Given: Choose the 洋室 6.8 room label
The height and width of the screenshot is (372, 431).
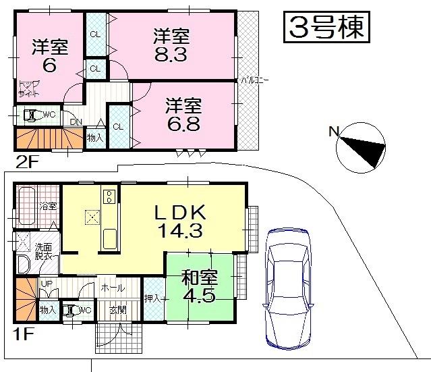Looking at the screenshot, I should [x=184, y=115].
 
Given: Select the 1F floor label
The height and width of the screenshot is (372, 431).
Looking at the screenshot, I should [x=23, y=332].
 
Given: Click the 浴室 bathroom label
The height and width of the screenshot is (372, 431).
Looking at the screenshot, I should [x=48, y=207].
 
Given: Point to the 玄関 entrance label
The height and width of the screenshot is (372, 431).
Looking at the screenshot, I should [x=118, y=310].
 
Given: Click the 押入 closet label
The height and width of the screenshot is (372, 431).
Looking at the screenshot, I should [x=152, y=297].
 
